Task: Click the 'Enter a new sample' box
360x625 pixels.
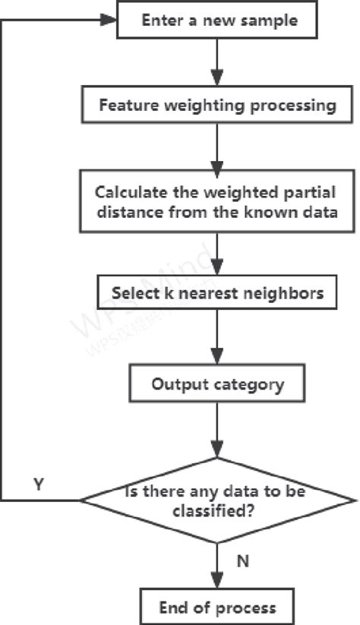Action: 217,20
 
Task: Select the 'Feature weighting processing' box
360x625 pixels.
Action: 217,105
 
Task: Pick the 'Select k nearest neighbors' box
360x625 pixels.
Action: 217,292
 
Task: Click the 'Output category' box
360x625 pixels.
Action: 217,384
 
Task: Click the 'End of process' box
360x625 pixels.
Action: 217,607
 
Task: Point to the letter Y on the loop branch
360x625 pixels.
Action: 38,484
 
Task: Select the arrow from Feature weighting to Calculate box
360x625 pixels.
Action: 217,147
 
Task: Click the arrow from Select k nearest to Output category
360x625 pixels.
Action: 217,338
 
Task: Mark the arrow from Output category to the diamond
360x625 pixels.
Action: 217,430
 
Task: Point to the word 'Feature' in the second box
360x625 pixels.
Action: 126,105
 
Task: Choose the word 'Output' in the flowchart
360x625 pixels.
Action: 177,384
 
